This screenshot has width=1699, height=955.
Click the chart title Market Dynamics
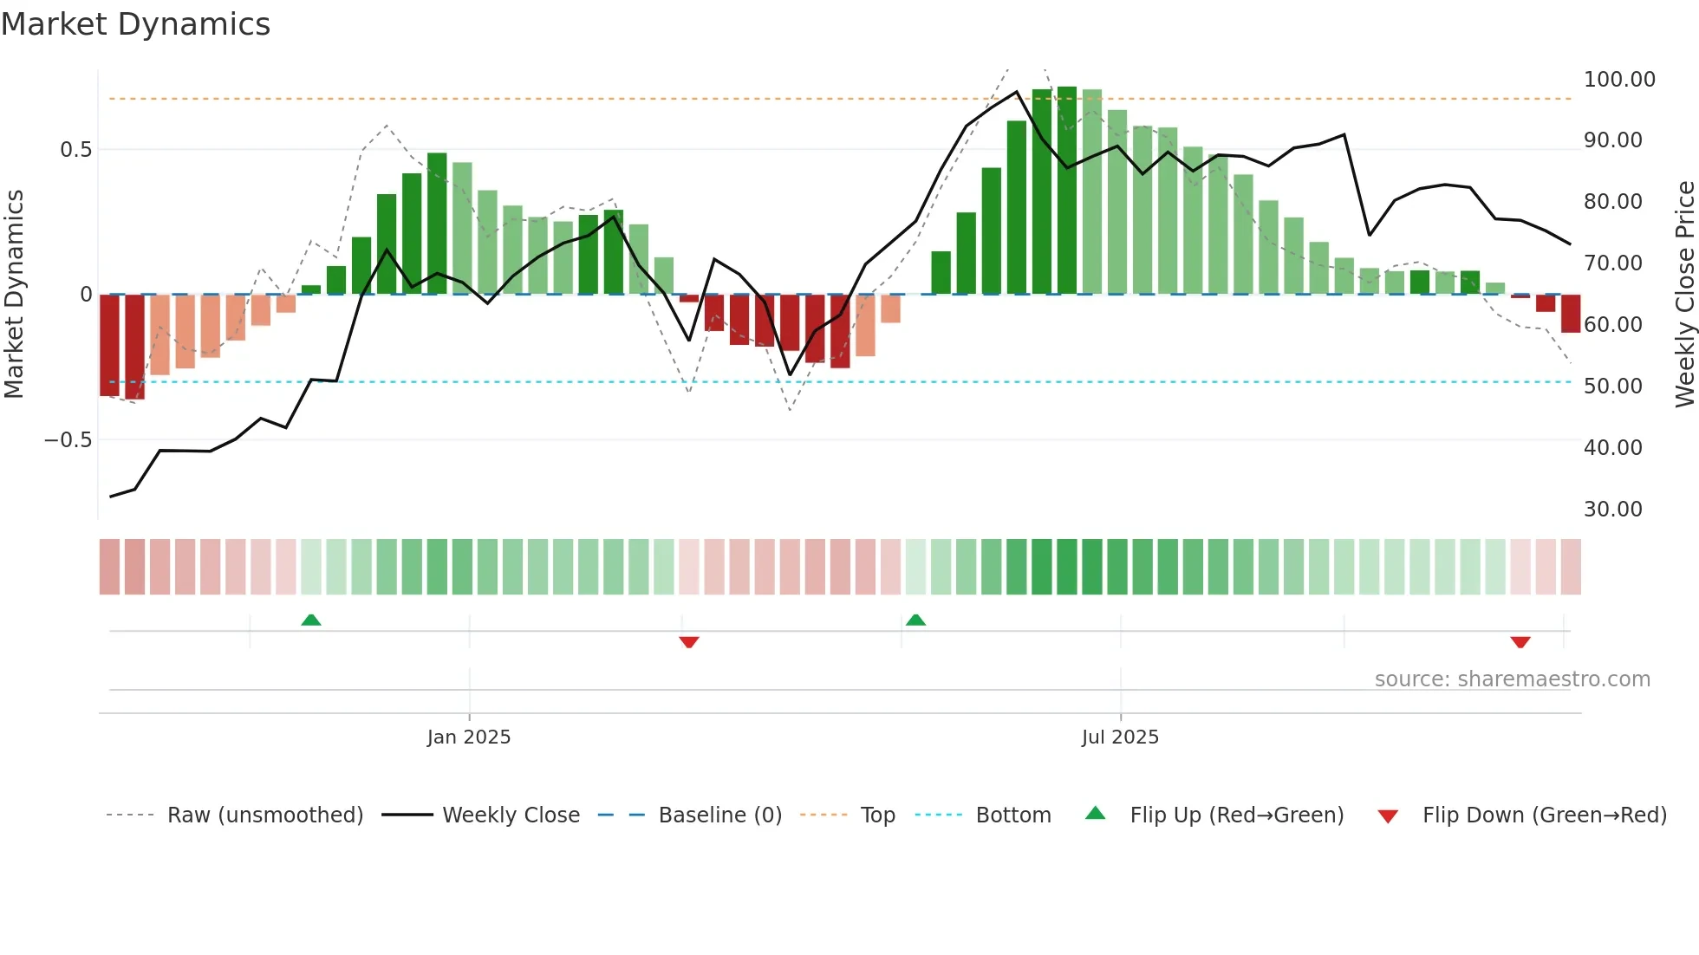(x=135, y=24)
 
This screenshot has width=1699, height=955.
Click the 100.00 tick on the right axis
(x=1618, y=80)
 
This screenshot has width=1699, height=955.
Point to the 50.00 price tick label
(x=1612, y=387)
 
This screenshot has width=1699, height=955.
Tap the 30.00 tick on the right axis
(x=1612, y=510)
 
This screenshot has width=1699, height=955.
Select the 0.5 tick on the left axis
(x=75, y=150)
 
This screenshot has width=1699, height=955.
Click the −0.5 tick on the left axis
(x=68, y=440)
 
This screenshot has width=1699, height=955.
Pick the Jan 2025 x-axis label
(x=469, y=737)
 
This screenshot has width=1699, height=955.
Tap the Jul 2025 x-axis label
(x=1120, y=737)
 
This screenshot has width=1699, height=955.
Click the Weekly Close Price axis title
(x=1684, y=294)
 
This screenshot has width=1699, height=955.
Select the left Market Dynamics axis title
(x=14, y=294)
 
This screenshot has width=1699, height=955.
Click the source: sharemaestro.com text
(x=1512, y=679)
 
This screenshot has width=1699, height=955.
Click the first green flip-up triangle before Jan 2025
(x=311, y=620)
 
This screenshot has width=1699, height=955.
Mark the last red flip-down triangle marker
(x=1520, y=642)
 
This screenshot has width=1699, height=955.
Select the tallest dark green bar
(x=1067, y=191)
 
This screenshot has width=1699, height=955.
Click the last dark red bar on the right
(x=1570, y=314)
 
